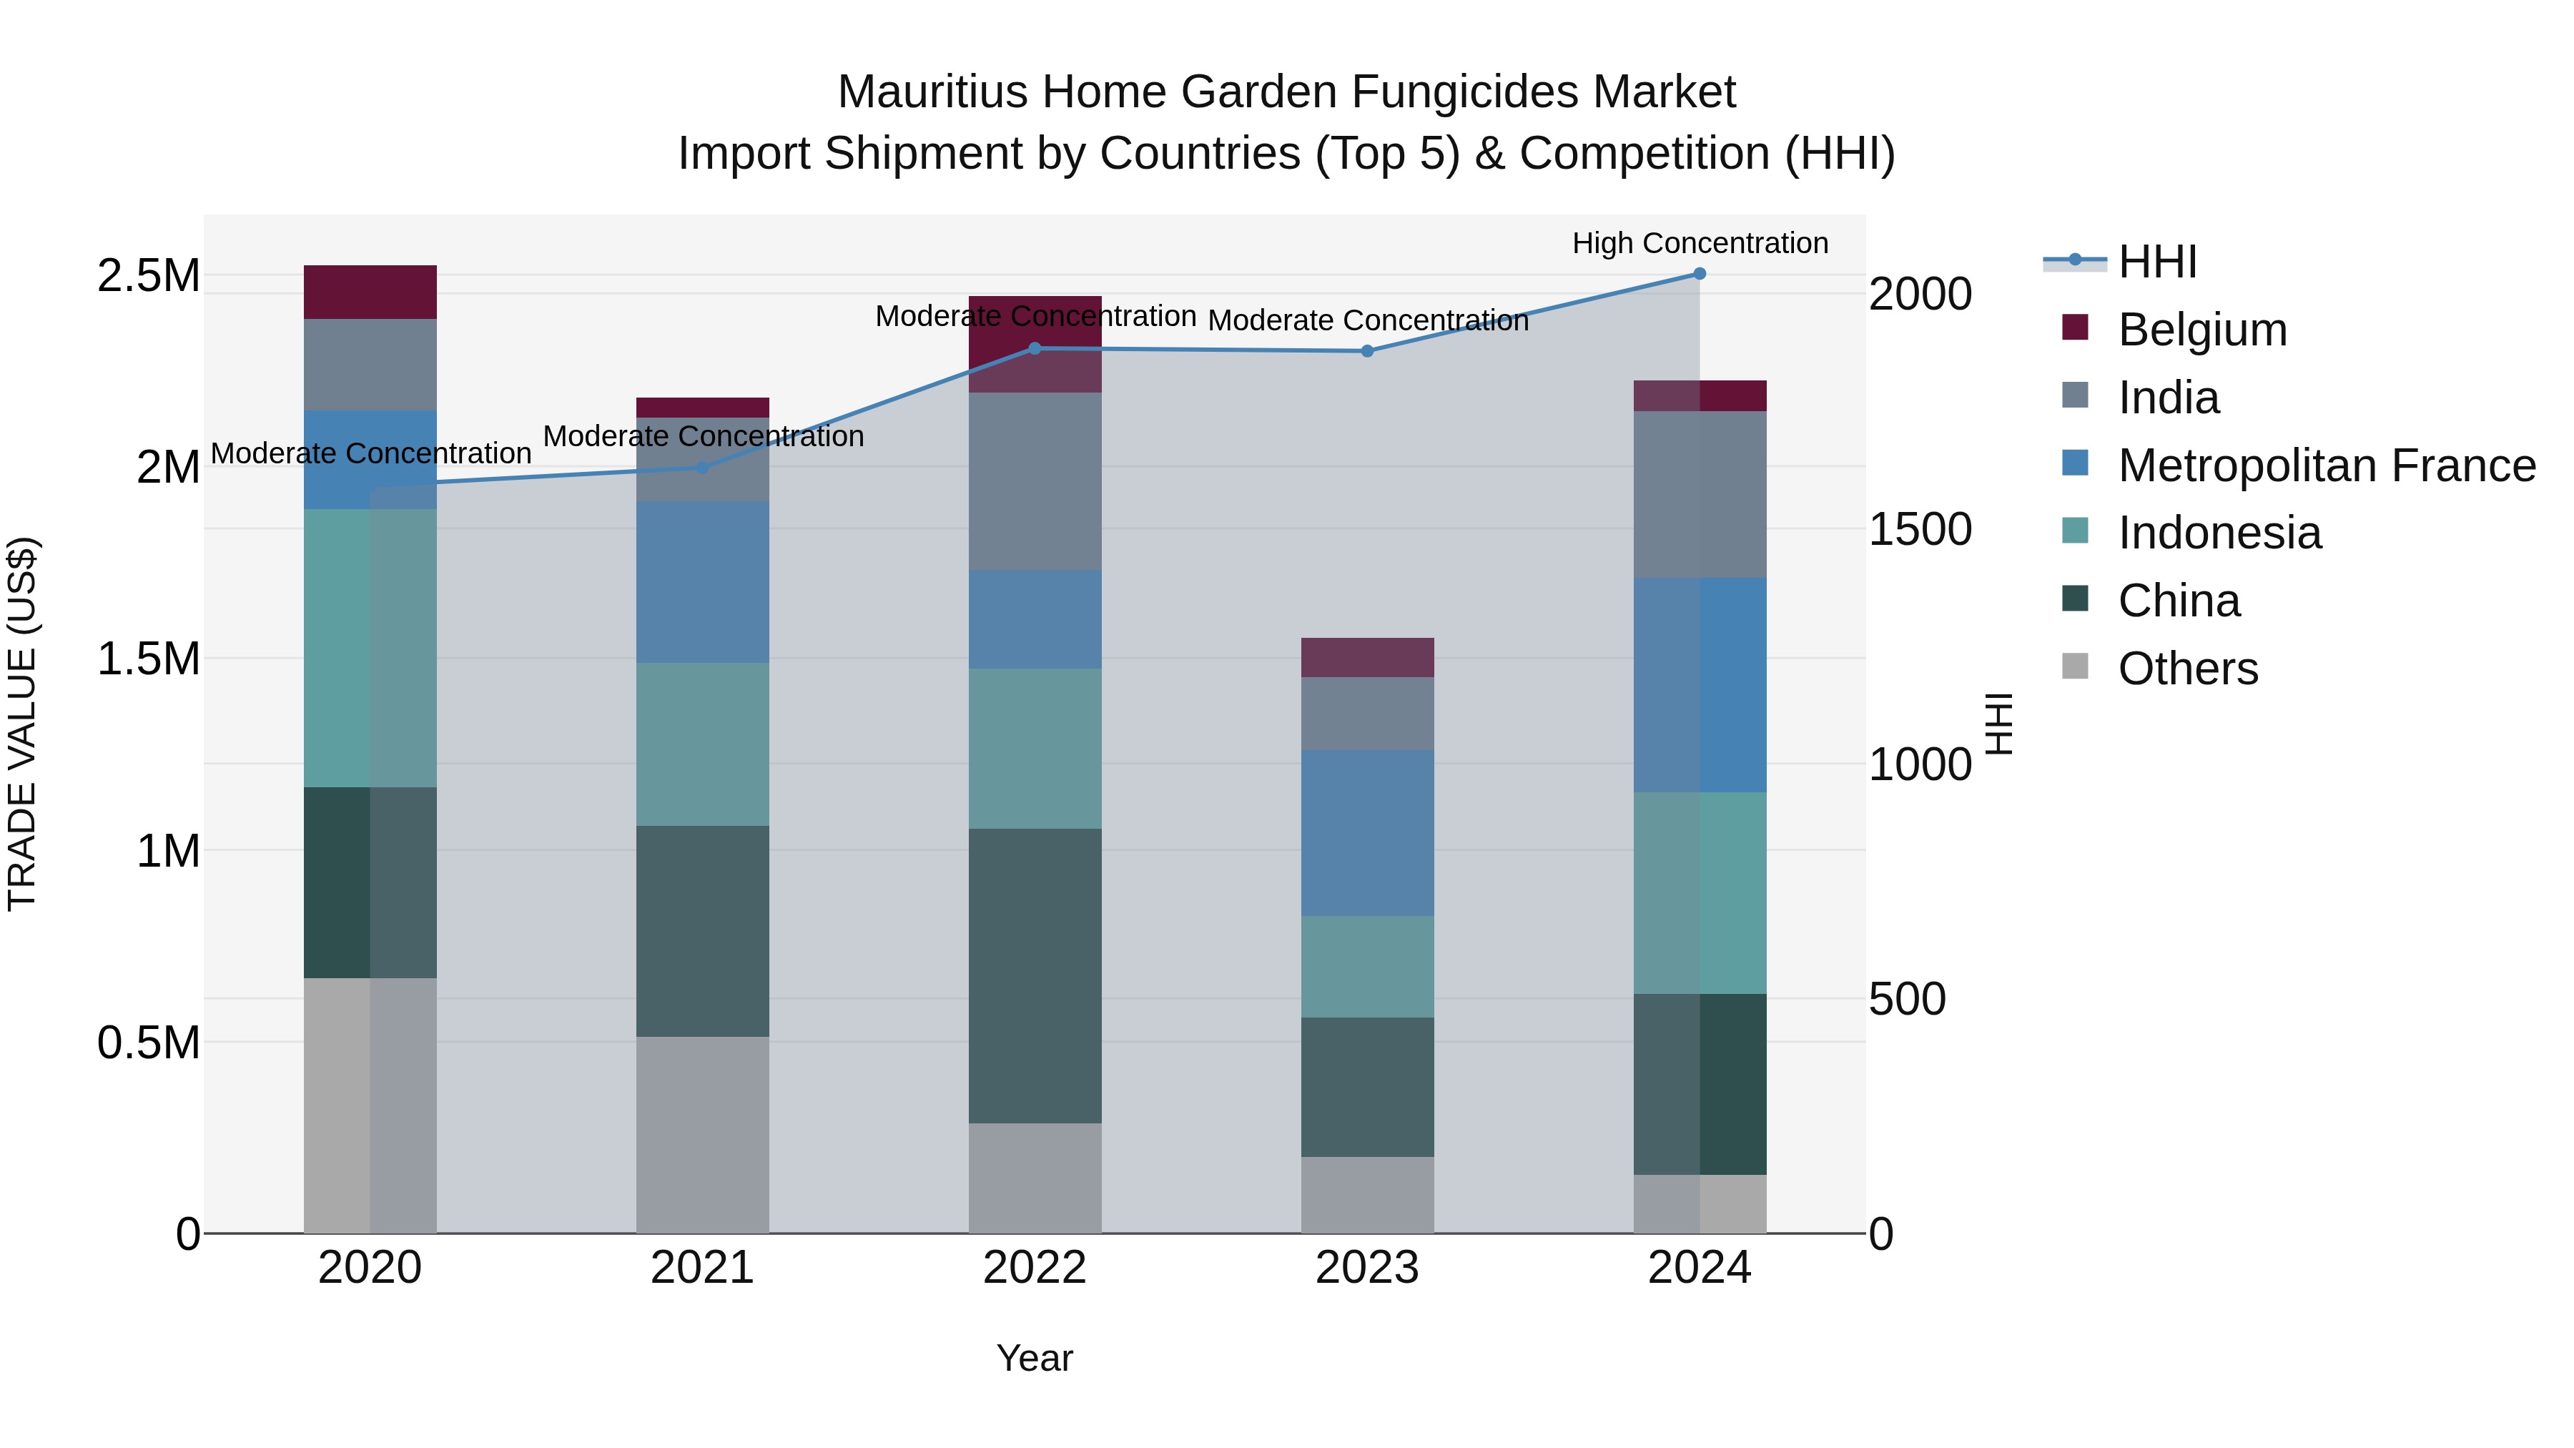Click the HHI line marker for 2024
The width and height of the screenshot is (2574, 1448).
click(1699, 274)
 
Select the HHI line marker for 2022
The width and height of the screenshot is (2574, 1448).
click(1035, 349)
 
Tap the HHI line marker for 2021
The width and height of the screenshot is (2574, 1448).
click(702, 468)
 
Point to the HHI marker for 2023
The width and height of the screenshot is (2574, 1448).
click(1367, 352)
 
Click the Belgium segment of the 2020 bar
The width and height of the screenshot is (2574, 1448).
click(370, 292)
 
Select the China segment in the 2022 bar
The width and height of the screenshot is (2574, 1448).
click(1035, 975)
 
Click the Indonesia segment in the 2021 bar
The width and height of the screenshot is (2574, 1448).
click(702, 744)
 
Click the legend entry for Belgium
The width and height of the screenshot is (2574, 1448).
click(2201, 330)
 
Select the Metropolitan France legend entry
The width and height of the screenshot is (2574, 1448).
click(2326, 466)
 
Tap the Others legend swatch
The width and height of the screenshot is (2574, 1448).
click(2076, 666)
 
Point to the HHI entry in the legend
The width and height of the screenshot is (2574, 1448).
click(2156, 262)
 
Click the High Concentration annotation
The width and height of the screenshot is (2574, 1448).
click(1700, 243)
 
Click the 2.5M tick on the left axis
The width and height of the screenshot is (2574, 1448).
click(148, 276)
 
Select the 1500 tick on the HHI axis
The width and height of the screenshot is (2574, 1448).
click(1920, 530)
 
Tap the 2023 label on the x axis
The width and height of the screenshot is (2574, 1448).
click(1367, 1268)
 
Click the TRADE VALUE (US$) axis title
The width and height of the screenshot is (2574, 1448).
click(22, 724)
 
